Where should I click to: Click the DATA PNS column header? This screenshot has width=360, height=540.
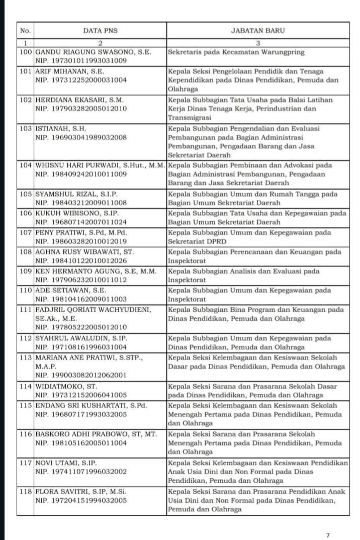(x=100, y=31)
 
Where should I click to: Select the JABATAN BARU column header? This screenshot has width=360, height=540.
(x=258, y=31)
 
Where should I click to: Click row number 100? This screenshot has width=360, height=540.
(x=25, y=52)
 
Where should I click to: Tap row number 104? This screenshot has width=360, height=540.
(x=25, y=165)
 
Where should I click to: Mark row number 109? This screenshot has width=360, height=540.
(x=25, y=271)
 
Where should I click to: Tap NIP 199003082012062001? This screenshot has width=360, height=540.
(x=80, y=375)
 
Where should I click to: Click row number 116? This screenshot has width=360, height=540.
(x=25, y=433)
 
